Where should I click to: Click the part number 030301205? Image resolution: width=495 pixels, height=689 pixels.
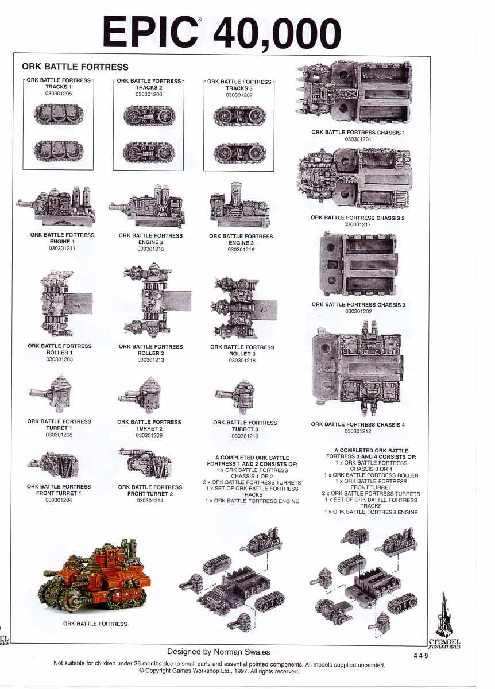58,93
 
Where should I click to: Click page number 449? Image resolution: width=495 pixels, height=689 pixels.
420,656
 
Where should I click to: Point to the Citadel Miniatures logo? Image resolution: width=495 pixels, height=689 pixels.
444,620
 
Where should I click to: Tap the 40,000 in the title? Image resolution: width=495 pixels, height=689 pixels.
277,33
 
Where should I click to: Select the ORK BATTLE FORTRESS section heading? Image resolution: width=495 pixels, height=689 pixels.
75,67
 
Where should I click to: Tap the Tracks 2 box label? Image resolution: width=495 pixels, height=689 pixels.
149,84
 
